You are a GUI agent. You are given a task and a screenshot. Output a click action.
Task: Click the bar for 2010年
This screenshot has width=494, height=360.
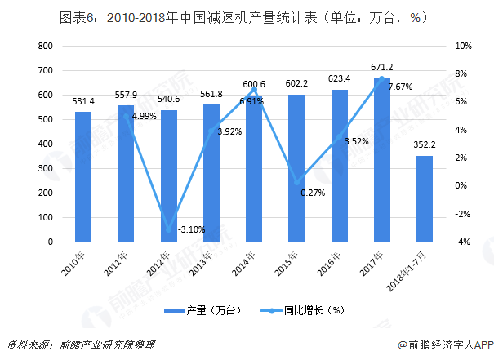coord(83,177)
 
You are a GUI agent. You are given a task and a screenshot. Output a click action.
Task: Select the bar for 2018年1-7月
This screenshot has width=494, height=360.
coord(425,199)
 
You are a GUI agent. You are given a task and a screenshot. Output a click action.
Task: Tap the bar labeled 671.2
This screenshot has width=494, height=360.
coord(382,160)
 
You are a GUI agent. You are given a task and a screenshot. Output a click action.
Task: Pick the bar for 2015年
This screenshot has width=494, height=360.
coord(296,168)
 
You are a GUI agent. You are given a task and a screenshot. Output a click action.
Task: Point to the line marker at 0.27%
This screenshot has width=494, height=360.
coord(298,181)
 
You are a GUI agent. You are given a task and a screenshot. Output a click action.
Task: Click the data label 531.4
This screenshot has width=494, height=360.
coord(83,101)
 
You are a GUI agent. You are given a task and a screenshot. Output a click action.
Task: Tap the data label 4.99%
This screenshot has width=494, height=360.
coord(144,116)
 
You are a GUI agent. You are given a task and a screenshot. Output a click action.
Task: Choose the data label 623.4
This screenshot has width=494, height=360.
coord(339,79)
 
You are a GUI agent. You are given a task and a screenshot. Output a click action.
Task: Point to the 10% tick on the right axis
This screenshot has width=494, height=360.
coord(461,47)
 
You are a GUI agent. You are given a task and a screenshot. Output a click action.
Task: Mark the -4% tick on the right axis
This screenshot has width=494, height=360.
coord(461,242)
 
